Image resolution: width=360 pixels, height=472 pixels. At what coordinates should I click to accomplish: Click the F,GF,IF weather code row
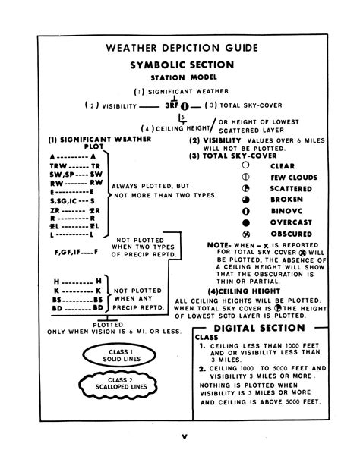coord(73,251)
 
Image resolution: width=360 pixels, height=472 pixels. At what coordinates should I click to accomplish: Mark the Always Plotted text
coord(144,187)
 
